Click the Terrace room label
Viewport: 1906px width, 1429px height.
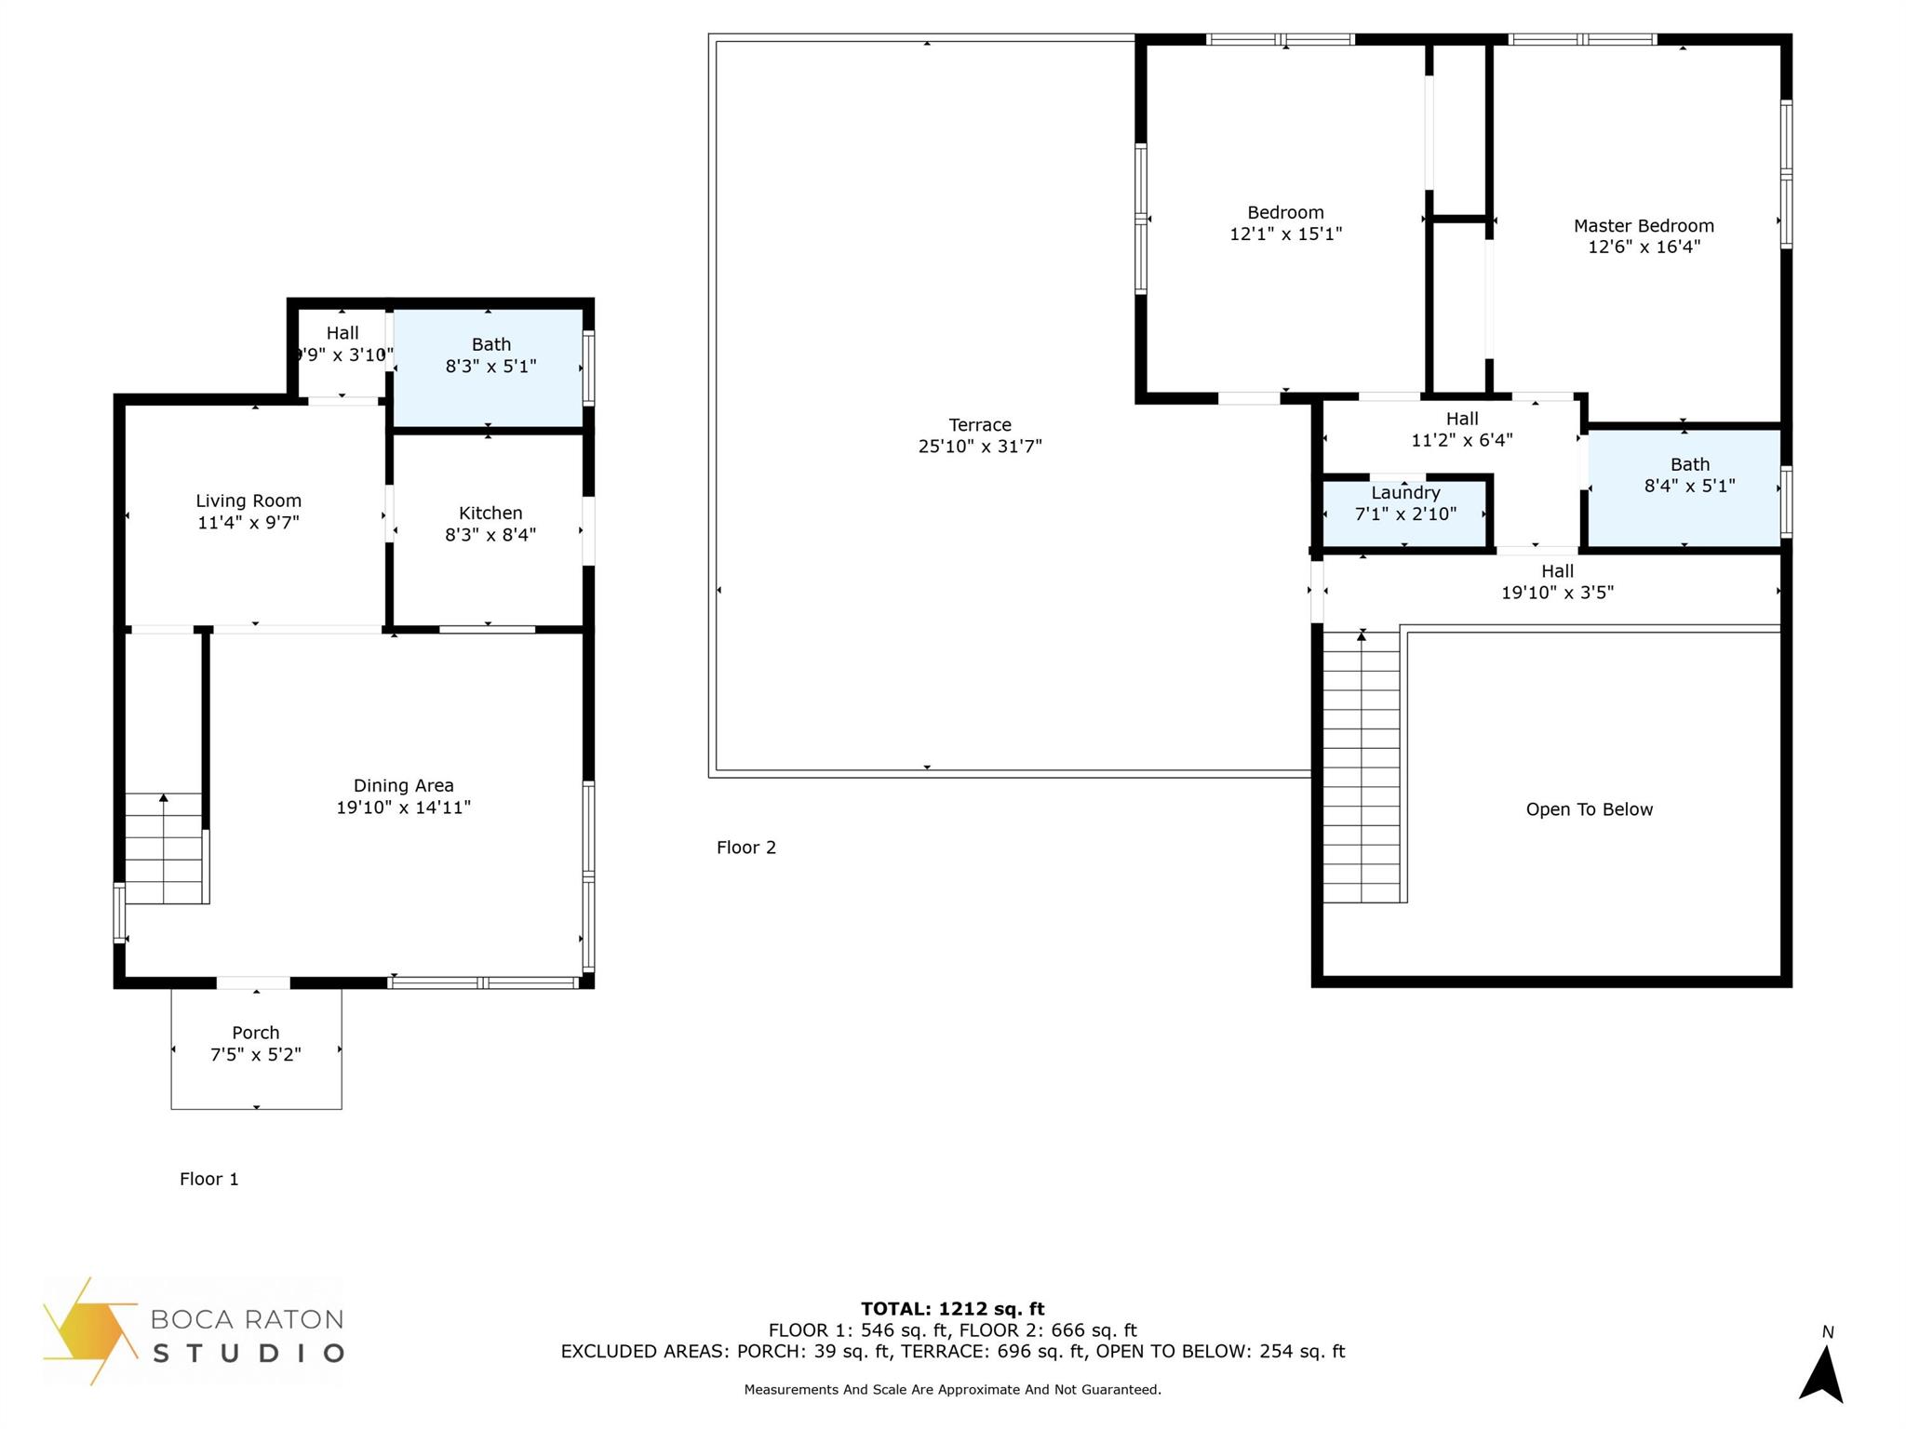point(979,425)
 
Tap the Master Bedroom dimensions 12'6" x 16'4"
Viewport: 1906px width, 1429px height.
point(1644,247)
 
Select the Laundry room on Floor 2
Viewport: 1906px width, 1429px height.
point(1404,511)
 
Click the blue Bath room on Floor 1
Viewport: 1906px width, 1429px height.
point(490,368)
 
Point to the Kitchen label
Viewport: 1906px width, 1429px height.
point(490,514)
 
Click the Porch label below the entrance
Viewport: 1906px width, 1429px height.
point(256,1033)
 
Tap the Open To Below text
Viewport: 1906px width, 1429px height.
point(1589,809)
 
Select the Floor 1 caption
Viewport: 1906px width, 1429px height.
point(208,1179)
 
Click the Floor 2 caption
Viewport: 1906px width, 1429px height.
point(745,848)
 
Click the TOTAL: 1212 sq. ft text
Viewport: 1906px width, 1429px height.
point(952,1309)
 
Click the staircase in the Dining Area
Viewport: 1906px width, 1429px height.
point(164,848)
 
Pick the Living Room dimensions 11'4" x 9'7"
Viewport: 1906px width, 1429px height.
point(248,523)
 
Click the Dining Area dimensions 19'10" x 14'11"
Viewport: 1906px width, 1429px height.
point(403,808)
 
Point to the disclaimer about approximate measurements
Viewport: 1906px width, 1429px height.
point(952,1390)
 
